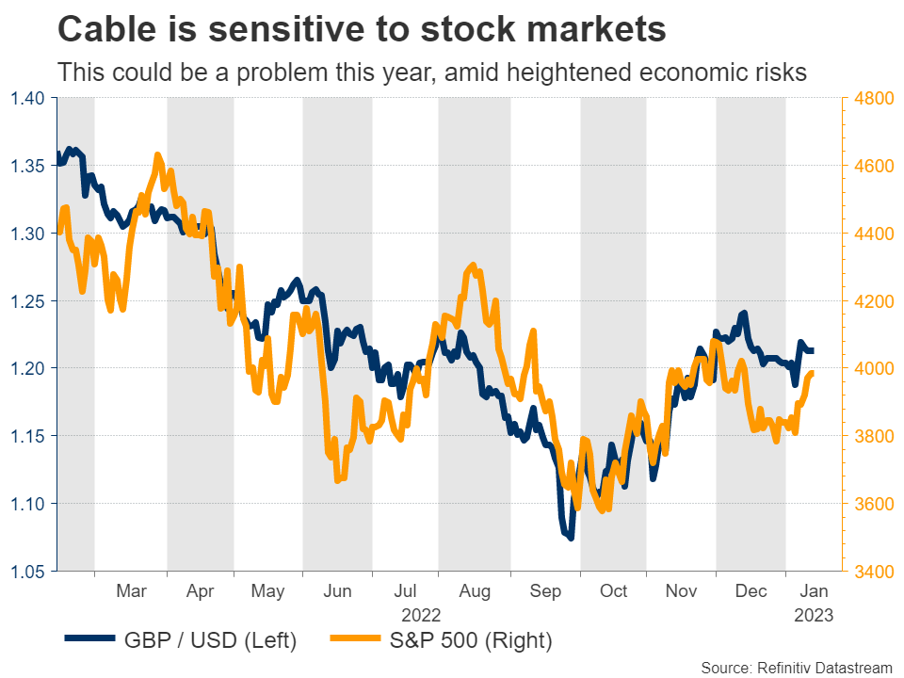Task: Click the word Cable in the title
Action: click(x=109, y=29)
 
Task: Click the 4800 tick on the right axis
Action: click(x=872, y=98)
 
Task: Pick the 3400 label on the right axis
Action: click(x=872, y=572)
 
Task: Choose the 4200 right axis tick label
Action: click(x=872, y=301)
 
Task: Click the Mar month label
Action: click(x=131, y=591)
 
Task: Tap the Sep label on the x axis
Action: click(x=546, y=591)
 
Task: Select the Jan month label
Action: click(x=814, y=591)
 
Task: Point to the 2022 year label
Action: click(x=421, y=614)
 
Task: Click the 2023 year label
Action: click(x=814, y=614)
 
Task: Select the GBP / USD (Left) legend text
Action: click(x=211, y=641)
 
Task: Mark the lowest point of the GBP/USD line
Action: click(x=571, y=538)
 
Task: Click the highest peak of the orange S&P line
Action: click(x=157, y=154)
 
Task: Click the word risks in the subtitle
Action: click(x=782, y=73)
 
